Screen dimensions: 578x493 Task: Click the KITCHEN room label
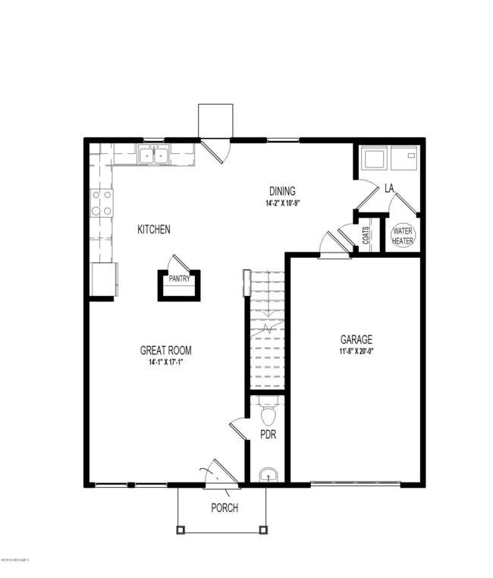(x=153, y=230)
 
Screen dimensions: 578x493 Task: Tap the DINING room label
(x=282, y=191)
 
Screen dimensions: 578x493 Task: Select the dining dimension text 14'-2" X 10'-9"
(x=282, y=204)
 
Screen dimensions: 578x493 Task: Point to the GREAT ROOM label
(x=165, y=350)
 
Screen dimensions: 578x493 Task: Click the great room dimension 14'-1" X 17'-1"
(x=165, y=363)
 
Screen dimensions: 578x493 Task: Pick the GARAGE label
(x=356, y=339)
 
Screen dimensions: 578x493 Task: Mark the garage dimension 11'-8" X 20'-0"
(x=356, y=351)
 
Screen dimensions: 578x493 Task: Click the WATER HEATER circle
(x=404, y=234)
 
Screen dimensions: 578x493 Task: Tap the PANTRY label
(x=179, y=278)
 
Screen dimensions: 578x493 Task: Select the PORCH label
(x=225, y=507)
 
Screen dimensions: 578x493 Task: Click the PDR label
(x=268, y=435)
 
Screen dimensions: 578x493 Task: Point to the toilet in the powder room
(x=268, y=413)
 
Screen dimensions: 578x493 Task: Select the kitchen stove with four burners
(x=102, y=202)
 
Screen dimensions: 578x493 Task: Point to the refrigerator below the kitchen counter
(x=102, y=278)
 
